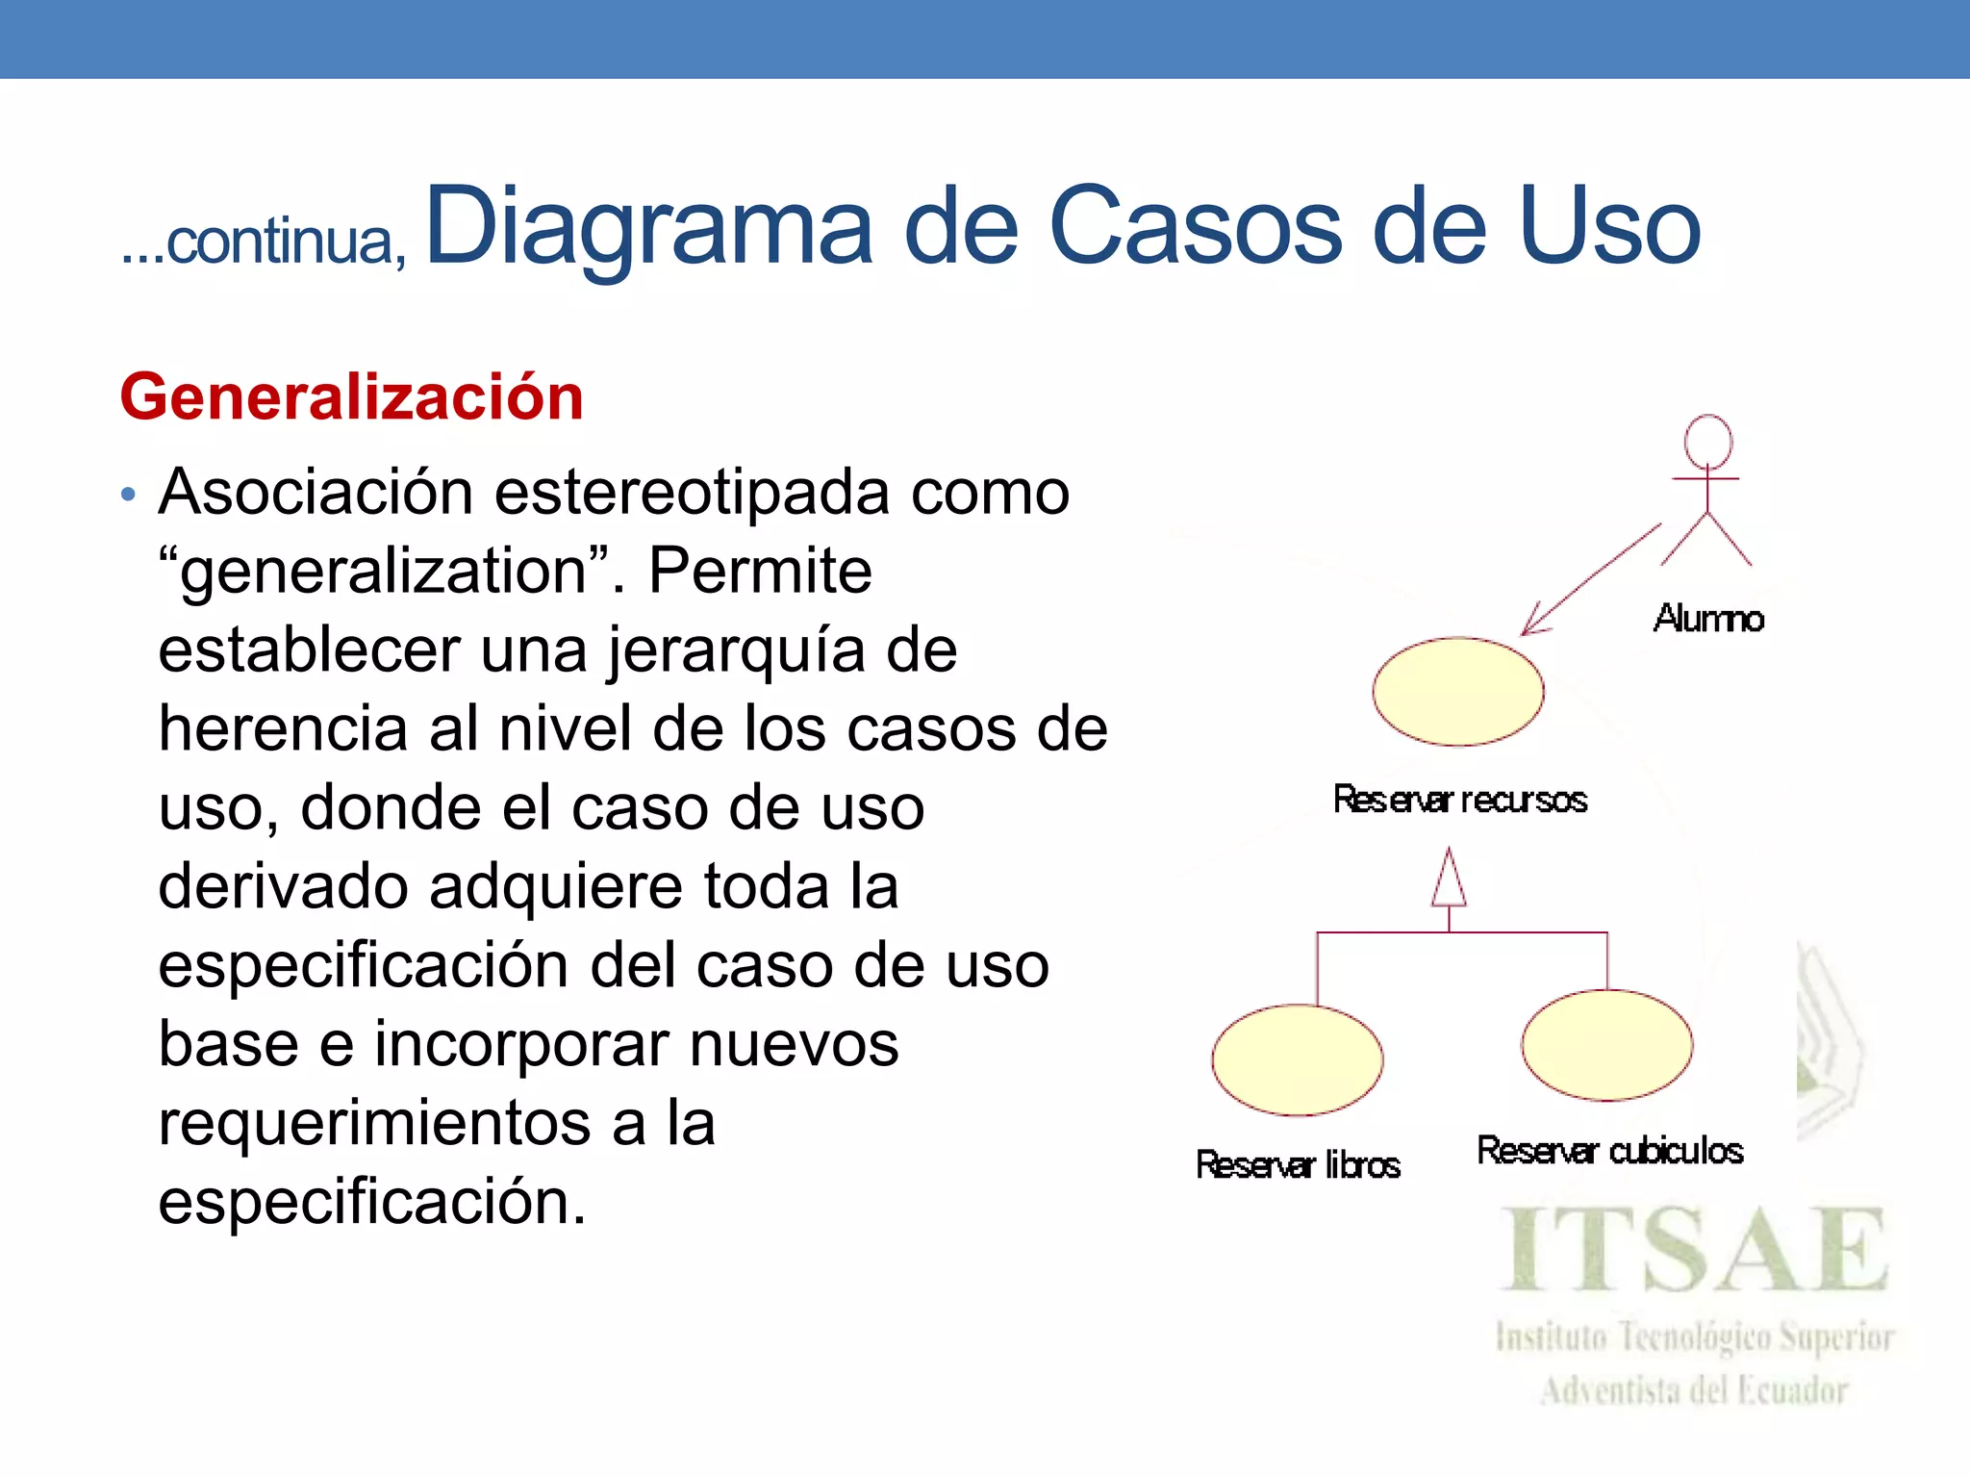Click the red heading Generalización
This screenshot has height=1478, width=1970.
point(351,397)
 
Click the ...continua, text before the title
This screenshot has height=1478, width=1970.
point(264,242)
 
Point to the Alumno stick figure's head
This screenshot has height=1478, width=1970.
point(1707,442)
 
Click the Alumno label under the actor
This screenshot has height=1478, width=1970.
point(1708,618)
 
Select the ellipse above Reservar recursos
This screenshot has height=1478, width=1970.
point(1458,691)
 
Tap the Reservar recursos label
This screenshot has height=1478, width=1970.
point(1459,800)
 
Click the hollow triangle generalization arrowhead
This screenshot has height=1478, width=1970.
point(1449,879)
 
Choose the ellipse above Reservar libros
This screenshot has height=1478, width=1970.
point(1298,1059)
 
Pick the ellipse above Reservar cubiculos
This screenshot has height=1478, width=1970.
point(1606,1045)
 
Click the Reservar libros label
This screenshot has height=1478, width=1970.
point(1298,1165)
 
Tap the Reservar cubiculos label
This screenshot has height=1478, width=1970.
point(1609,1151)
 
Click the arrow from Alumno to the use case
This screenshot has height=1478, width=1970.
point(1592,578)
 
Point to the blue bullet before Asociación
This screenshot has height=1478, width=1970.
point(129,496)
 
